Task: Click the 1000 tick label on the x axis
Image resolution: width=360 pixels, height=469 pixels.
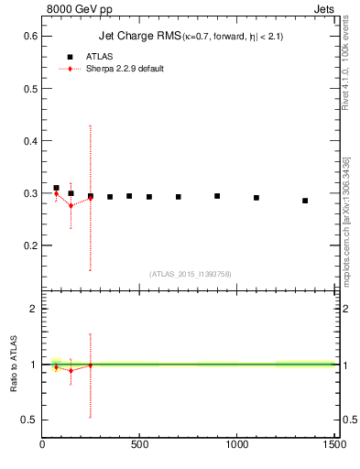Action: [x=237, y=444]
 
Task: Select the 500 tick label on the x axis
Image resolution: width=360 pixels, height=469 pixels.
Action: [x=139, y=444]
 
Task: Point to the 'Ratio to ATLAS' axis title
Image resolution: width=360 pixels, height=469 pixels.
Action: [x=14, y=364]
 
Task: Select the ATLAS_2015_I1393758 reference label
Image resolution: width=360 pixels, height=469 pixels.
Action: [x=189, y=273]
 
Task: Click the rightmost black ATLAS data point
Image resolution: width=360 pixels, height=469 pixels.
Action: [x=305, y=201]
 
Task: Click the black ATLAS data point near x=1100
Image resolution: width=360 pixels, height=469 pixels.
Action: [x=256, y=198]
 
